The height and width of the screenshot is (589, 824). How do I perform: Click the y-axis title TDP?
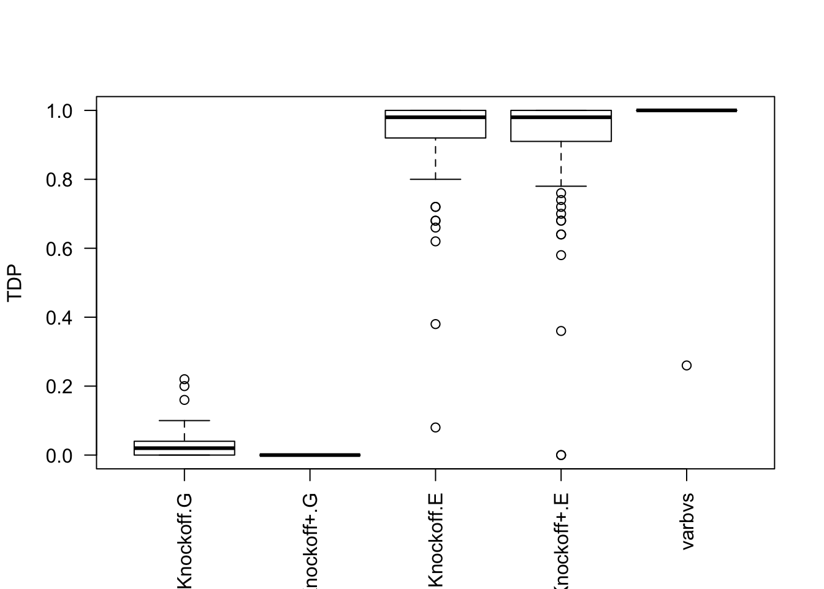click(15, 283)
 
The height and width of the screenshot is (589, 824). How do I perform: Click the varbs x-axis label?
click(687, 521)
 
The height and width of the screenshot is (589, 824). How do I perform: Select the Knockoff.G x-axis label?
click(185, 540)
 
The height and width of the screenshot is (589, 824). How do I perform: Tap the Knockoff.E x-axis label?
click(435, 540)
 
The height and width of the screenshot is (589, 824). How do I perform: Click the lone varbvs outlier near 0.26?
click(687, 366)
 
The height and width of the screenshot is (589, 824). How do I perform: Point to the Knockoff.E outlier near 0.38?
click(435, 324)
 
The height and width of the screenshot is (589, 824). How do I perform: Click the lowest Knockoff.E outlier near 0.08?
click(435, 428)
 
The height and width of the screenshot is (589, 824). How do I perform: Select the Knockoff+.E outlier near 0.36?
click(561, 331)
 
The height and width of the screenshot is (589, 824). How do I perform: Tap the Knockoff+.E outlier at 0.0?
click(561, 455)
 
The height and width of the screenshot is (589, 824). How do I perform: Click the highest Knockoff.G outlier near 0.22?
click(185, 379)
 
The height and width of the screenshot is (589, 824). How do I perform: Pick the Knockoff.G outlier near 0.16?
click(185, 400)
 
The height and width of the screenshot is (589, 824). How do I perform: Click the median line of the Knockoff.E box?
click(435, 117)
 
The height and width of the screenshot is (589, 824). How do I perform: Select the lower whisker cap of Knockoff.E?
click(435, 179)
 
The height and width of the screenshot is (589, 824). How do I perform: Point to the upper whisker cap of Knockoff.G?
click(185, 420)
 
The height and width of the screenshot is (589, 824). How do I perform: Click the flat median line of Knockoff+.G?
click(310, 455)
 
